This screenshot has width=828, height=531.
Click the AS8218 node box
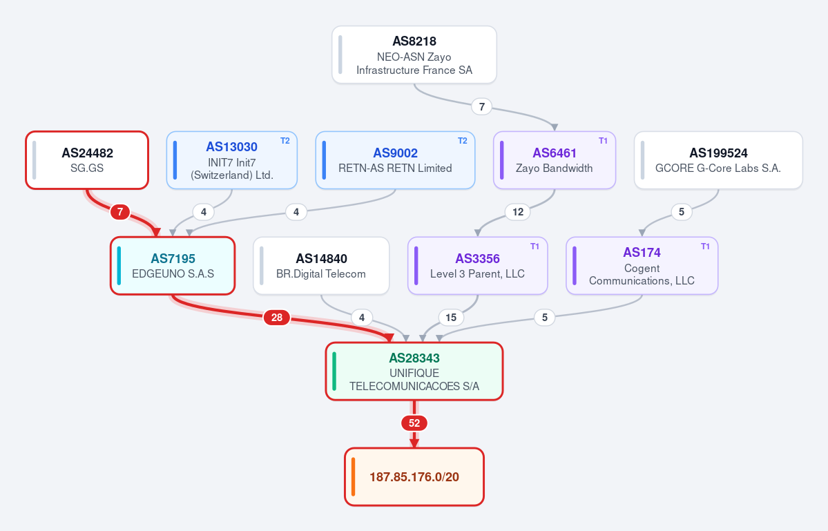(x=414, y=55)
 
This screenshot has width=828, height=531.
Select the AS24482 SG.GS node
(x=87, y=160)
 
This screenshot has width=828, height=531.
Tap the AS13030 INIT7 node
(x=232, y=160)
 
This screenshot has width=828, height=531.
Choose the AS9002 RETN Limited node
(x=395, y=160)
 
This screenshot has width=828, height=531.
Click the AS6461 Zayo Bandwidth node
(x=555, y=160)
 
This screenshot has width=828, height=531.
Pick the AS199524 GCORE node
(x=718, y=160)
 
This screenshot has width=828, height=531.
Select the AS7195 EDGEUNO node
(x=173, y=265)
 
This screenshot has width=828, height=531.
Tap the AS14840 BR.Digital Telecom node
(x=321, y=265)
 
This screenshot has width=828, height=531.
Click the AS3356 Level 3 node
(x=477, y=265)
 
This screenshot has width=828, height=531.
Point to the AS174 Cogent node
(x=642, y=265)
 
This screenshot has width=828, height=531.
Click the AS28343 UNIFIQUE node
(x=414, y=371)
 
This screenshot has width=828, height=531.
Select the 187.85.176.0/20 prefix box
(x=414, y=476)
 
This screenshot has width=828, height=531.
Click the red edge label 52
(x=414, y=423)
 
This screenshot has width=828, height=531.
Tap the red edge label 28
(x=277, y=317)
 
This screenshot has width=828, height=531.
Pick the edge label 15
(x=451, y=317)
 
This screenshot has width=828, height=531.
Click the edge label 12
(x=518, y=212)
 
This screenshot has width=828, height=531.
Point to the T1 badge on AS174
(x=705, y=247)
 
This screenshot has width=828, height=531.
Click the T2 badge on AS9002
(x=462, y=141)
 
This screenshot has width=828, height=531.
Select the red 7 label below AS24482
(x=120, y=212)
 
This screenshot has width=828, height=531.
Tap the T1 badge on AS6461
(x=603, y=141)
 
